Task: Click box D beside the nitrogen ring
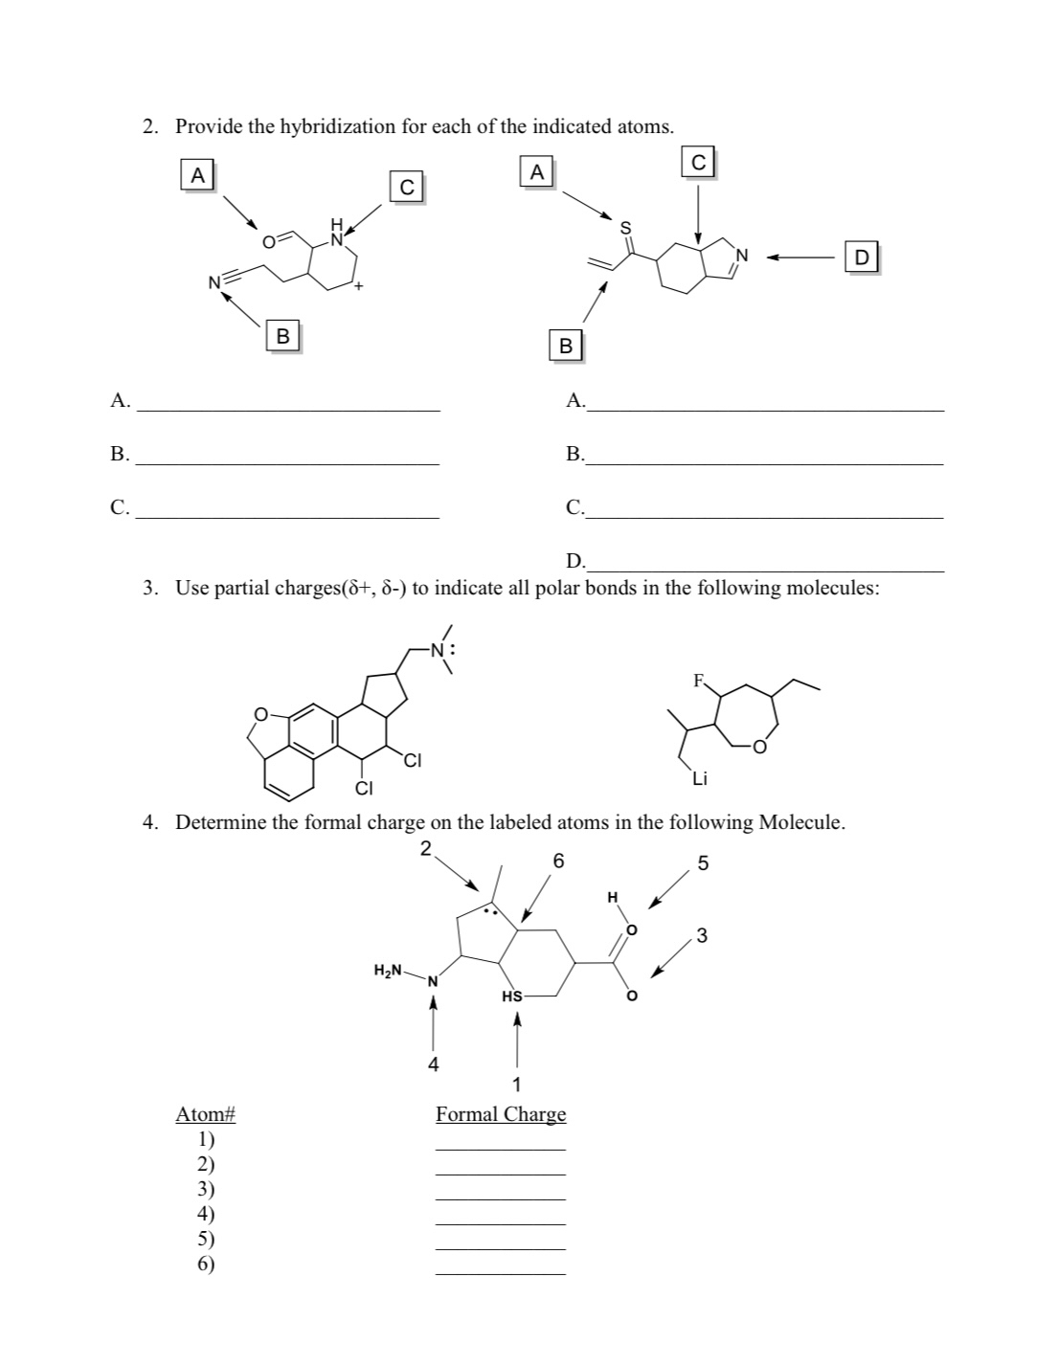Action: [862, 257]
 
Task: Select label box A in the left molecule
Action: [197, 175]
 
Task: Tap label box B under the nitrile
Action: [282, 336]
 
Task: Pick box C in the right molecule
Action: [699, 163]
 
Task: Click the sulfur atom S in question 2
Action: [626, 227]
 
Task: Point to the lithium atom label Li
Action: [699, 778]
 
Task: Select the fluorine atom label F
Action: [699, 682]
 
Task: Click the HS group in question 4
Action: [512, 996]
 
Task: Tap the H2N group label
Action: [388, 971]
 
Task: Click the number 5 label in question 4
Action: [703, 863]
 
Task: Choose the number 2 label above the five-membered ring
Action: [425, 846]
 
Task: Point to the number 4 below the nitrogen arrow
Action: [433, 1063]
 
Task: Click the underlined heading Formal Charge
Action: [501, 1114]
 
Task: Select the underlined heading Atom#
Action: [205, 1114]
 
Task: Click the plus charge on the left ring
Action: [357, 286]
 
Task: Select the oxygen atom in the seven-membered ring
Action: [758, 747]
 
